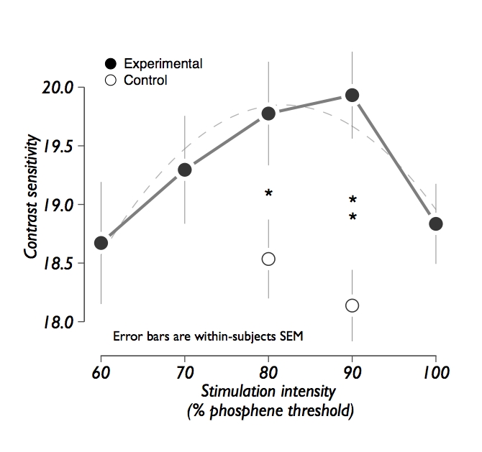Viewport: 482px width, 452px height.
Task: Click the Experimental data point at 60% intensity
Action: [x=101, y=243]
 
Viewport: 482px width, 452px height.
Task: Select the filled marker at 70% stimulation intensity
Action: [x=185, y=170]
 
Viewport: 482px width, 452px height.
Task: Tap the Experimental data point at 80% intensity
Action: [x=268, y=114]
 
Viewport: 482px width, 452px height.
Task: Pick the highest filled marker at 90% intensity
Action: [x=352, y=95]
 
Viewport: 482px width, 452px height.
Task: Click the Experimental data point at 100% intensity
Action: [x=435, y=224]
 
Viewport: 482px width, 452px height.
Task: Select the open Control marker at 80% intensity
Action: [x=268, y=259]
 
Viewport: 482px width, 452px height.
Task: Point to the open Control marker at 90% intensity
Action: [x=352, y=305]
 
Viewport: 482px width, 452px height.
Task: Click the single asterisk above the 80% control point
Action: [x=268, y=193]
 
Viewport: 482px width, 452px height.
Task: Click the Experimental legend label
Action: [x=163, y=63]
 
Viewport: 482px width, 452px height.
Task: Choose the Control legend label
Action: [x=145, y=80]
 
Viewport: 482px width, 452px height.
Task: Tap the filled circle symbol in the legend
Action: [x=111, y=63]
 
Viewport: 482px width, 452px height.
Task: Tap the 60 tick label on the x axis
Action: [x=101, y=372]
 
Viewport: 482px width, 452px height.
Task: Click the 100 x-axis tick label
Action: [x=435, y=372]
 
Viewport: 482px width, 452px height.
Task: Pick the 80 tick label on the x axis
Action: [x=268, y=372]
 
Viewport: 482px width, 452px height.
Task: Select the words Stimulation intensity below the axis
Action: [x=268, y=392]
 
